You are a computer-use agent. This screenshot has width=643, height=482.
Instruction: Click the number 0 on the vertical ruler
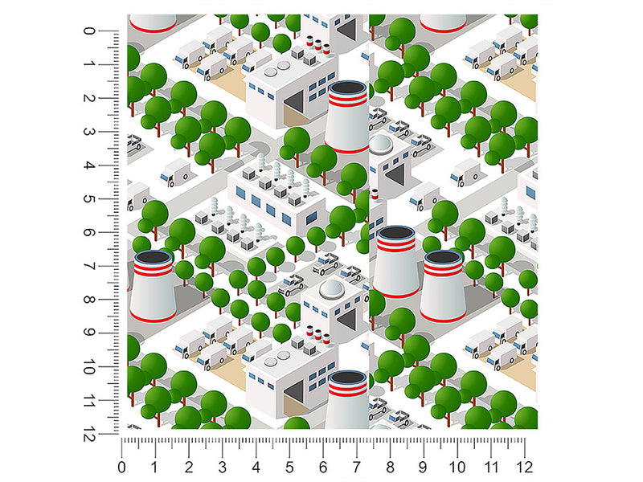pyautogui.click(x=89, y=31)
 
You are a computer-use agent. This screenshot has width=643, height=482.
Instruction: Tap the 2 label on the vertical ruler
pyautogui.click(x=89, y=98)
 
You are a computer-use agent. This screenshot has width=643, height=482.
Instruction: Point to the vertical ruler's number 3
pyautogui.click(x=89, y=132)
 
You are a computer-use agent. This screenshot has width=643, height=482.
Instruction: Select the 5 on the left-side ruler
pyautogui.click(x=89, y=198)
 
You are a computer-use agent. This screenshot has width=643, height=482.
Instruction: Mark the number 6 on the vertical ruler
pyautogui.click(x=89, y=232)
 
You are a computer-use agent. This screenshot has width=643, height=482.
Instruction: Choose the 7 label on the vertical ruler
pyautogui.click(x=89, y=266)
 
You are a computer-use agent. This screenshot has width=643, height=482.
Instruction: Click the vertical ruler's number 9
pyautogui.click(x=89, y=333)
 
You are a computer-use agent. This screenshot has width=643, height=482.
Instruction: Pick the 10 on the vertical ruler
pyautogui.click(x=89, y=366)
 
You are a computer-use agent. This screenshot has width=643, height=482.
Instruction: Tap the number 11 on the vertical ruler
pyautogui.click(x=89, y=400)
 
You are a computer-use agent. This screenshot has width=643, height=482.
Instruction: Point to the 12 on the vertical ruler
pyautogui.click(x=89, y=434)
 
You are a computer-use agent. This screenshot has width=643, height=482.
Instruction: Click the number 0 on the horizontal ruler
pyautogui.click(x=121, y=467)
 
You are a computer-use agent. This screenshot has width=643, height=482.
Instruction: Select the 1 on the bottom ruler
pyautogui.click(x=154, y=467)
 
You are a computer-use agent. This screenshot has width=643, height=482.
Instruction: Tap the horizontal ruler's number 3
pyautogui.click(x=223, y=467)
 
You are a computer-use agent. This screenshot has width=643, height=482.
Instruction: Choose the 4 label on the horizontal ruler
pyautogui.click(x=256, y=467)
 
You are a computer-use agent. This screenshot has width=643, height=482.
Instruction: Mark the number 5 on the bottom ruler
pyautogui.click(x=289, y=467)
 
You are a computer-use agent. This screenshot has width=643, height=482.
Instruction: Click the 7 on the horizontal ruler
pyautogui.click(x=357, y=467)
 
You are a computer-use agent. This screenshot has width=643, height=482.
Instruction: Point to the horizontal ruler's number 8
pyautogui.click(x=391, y=467)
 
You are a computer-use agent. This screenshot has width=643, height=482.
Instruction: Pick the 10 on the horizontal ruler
pyautogui.click(x=457, y=467)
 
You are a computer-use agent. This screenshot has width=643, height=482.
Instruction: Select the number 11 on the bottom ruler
pyautogui.click(x=491, y=467)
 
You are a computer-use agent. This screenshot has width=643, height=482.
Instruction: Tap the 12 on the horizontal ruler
pyautogui.click(x=525, y=467)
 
